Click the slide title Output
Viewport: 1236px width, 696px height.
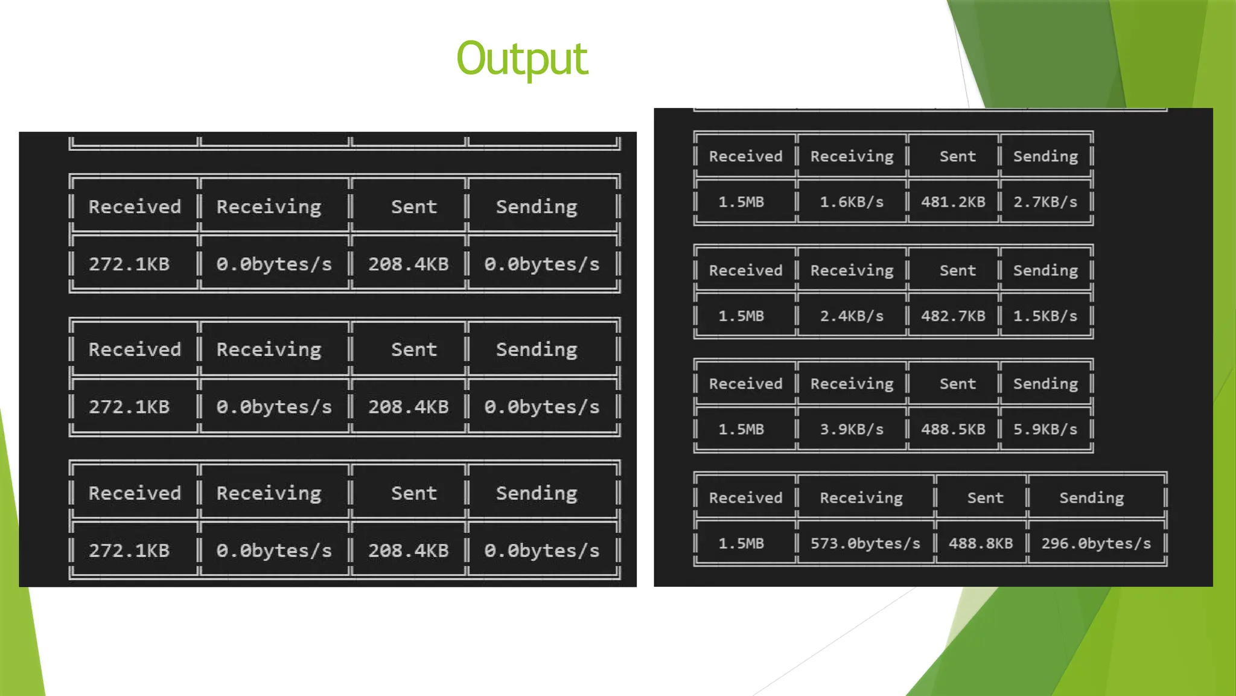click(x=521, y=59)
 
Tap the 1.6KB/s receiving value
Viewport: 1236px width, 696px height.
click(x=851, y=202)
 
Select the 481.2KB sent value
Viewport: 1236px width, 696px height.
click(x=952, y=202)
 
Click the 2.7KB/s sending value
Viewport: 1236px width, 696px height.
click(x=1045, y=202)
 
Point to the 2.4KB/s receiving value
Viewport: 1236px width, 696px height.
click(x=851, y=316)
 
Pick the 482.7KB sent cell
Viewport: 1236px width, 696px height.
click(x=952, y=316)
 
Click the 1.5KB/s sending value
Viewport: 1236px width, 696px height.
click(x=1045, y=316)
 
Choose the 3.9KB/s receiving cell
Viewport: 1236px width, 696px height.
click(x=851, y=429)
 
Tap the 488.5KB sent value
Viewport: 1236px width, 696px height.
click(x=952, y=429)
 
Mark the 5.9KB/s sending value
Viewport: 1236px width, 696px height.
click(x=1045, y=429)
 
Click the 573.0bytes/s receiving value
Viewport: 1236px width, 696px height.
click(x=865, y=543)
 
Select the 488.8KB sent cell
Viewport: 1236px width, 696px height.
click(x=980, y=543)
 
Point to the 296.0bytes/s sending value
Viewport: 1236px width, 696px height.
click(x=1095, y=543)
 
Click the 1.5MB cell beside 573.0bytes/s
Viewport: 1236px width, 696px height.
click(x=741, y=543)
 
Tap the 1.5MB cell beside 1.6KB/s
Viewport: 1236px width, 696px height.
click(x=741, y=202)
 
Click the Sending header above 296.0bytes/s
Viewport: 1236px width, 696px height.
click(x=1091, y=498)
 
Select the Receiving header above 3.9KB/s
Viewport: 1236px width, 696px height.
click(x=852, y=384)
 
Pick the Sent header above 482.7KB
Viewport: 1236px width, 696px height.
click(x=957, y=270)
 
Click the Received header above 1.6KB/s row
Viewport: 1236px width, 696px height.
click(x=745, y=156)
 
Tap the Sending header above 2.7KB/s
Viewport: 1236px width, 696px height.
click(x=1045, y=156)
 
